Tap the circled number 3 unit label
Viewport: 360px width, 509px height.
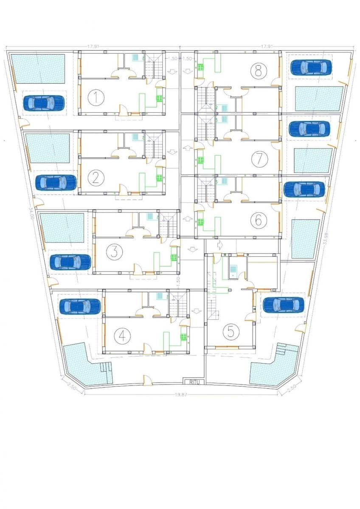pyautogui.click(x=113, y=252)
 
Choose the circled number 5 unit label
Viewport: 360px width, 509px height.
pyautogui.click(x=231, y=331)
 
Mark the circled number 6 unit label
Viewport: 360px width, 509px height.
pyautogui.click(x=257, y=220)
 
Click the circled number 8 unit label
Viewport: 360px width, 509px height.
pyautogui.click(x=257, y=70)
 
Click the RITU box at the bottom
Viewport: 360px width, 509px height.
pyautogui.click(x=194, y=382)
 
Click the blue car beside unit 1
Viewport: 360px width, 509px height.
pyautogui.click(x=44, y=103)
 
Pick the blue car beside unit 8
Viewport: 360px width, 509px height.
pyautogui.click(x=311, y=67)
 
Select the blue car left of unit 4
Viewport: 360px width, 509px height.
pyautogui.click(x=80, y=306)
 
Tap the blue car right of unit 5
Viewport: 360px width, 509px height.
pyautogui.click(x=283, y=305)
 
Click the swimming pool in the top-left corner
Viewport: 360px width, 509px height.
pyautogui.click(x=38, y=69)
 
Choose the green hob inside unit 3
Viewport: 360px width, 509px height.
pyautogui.click(x=173, y=257)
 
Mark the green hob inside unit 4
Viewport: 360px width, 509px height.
pyautogui.click(x=183, y=337)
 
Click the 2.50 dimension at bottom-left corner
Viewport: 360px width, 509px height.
pyautogui.click(x=72, y=388)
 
